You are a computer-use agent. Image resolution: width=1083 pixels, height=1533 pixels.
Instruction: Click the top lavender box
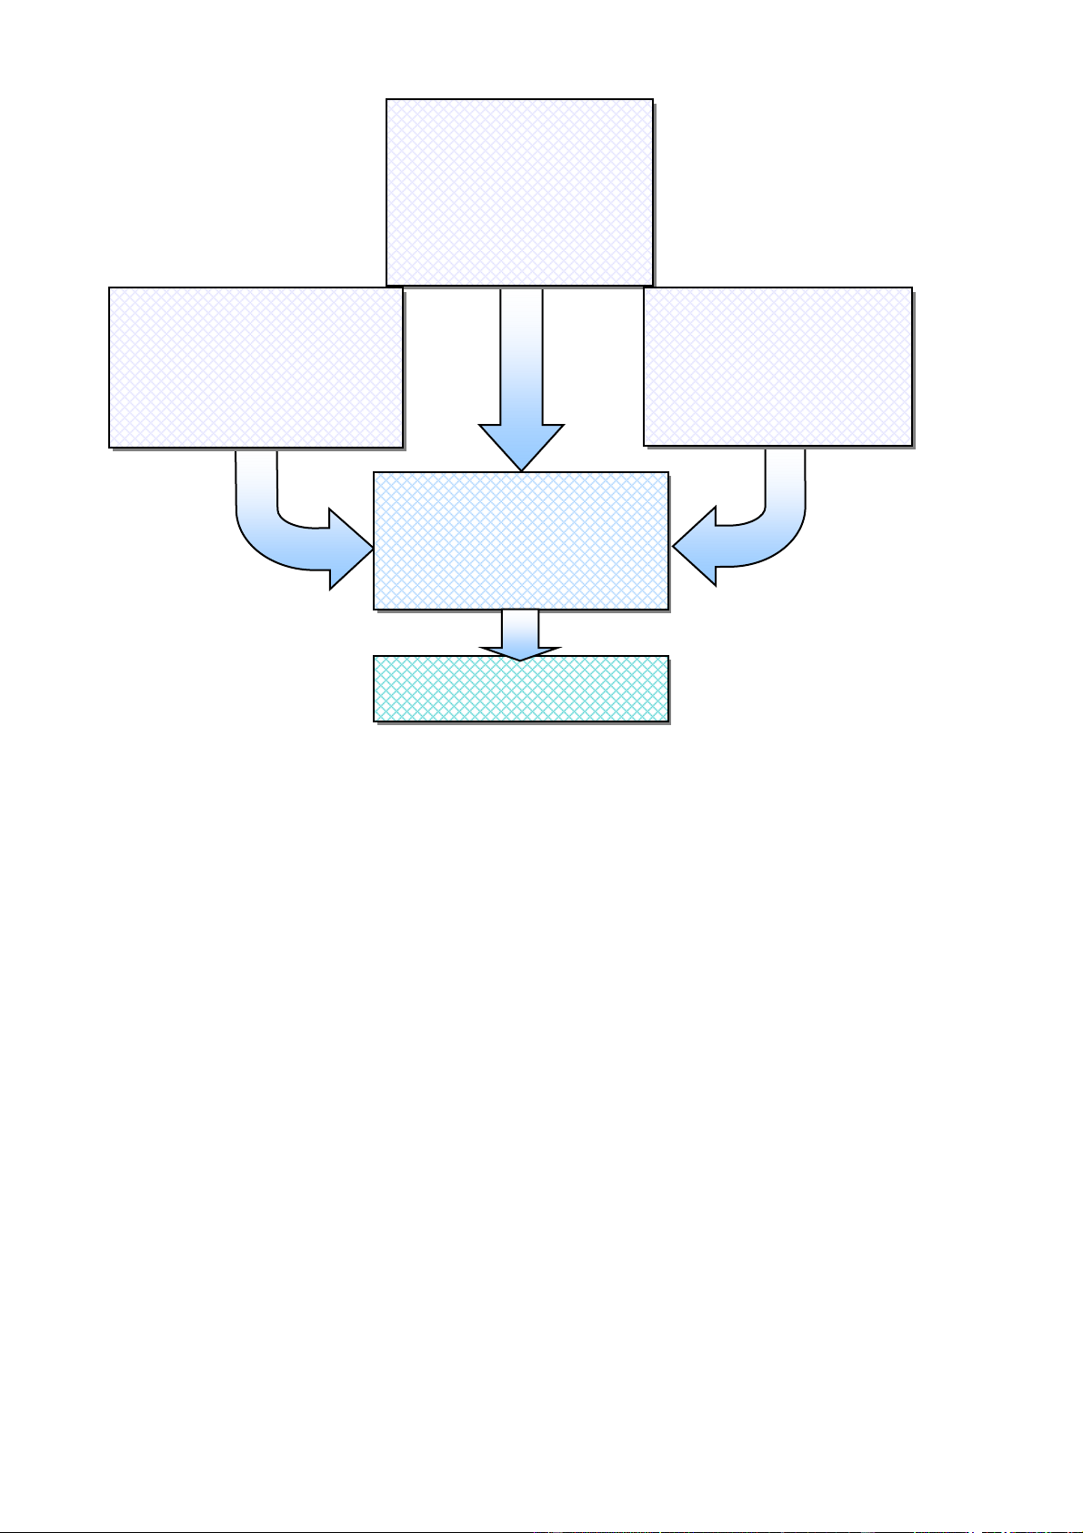(519, 192)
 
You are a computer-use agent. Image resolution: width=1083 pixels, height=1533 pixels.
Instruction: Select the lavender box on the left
(256, 368)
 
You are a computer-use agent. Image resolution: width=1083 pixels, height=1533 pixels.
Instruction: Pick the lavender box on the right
(777, 367)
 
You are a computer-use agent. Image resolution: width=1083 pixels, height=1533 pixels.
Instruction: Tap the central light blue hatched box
(521, 540)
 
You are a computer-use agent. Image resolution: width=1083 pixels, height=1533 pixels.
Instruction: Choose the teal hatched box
(521, 689)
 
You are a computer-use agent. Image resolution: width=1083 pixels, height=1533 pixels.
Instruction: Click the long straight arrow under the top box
(521, 364)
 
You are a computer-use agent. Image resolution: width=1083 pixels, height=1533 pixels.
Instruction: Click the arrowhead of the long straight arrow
(521, 446)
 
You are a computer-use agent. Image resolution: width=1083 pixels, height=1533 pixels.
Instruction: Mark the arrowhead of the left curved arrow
(350, 549)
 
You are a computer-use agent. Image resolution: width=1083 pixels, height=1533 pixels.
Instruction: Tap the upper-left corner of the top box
(387, 100)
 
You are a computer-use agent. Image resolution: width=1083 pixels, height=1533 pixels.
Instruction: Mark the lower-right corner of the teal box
(667, 721)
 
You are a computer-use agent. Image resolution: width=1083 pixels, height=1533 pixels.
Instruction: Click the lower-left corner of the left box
(110, 447)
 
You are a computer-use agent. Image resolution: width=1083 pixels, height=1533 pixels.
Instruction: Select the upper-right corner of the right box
(911, 289)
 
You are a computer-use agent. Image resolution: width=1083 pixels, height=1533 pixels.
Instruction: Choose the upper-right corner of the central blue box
(667, 473)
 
